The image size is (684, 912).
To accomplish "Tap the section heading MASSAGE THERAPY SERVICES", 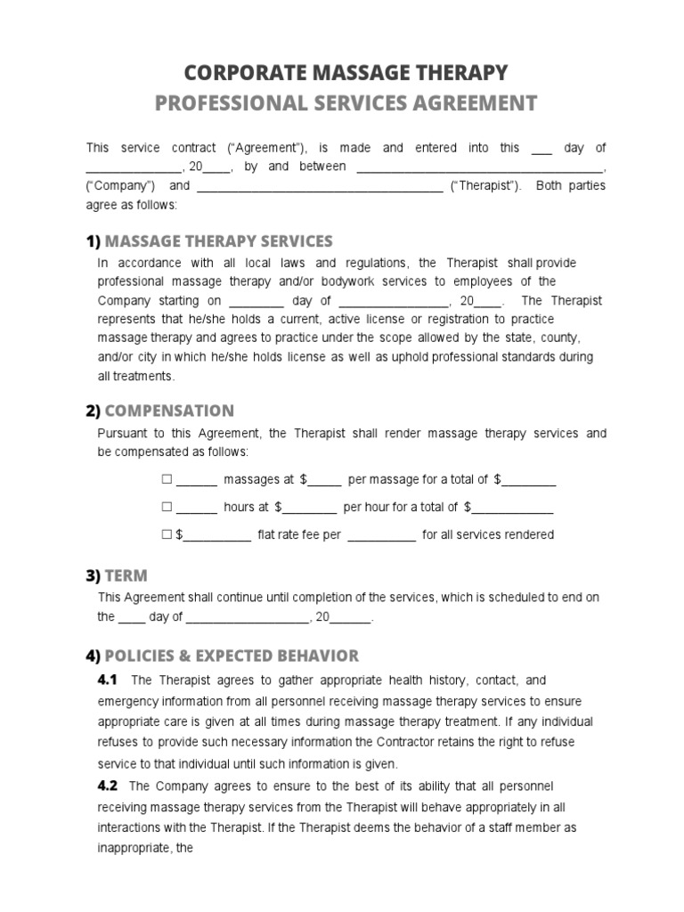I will click(218, 241).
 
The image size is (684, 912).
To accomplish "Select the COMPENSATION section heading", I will click(169, 411).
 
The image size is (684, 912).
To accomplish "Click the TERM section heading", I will click(126, 575).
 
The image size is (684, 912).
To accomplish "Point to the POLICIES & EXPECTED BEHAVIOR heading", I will click(232, 656).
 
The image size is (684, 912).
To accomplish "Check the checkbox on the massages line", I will click(166, 479).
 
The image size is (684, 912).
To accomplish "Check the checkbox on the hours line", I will click(166, 507).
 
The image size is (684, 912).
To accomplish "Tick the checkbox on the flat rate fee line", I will click(166, 534).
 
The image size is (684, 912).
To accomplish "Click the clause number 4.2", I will click(107, 786).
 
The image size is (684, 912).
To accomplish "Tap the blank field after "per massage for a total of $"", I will click(529, 481).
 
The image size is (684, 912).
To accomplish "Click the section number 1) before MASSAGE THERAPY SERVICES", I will click(93, 241).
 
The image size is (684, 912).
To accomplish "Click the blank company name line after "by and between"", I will click(479, 167).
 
